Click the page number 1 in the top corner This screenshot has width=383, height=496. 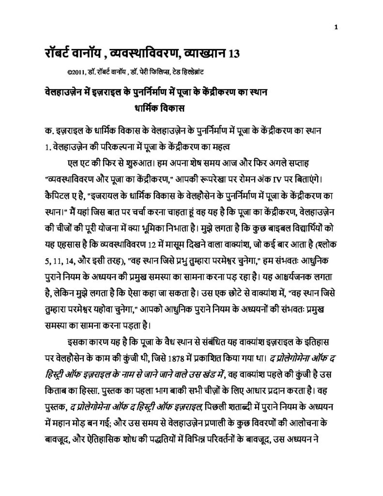335,27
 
